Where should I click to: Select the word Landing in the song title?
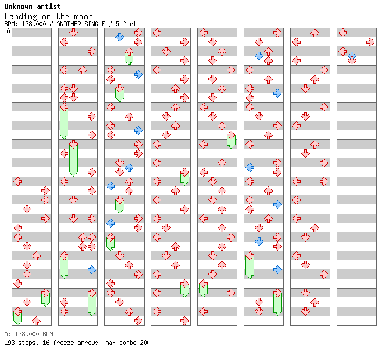(20, 16)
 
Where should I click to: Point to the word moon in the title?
(83, 16)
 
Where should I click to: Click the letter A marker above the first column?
(9, 31)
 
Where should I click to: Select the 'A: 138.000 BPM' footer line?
(28, 334)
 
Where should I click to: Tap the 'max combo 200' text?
(127, 343)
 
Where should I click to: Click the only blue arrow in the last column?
(352, 55)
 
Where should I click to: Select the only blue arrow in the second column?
(92, 269)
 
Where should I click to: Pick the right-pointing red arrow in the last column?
(370, 42)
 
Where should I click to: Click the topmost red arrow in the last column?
(342, 33)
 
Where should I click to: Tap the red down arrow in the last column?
(352, 60)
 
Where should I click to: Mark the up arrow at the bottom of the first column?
(36, 321)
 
